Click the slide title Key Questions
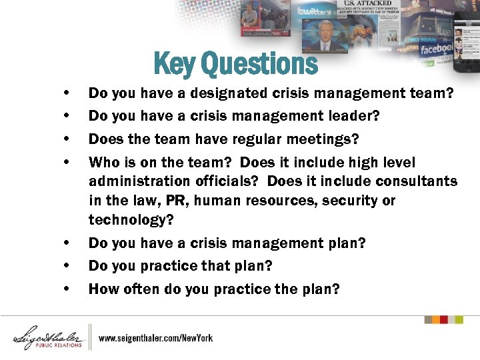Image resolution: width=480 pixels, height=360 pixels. [x=235, y=64]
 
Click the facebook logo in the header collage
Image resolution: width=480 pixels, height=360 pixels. [x=437, y=49]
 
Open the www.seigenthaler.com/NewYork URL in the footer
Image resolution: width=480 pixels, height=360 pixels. [x=156, y=338]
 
